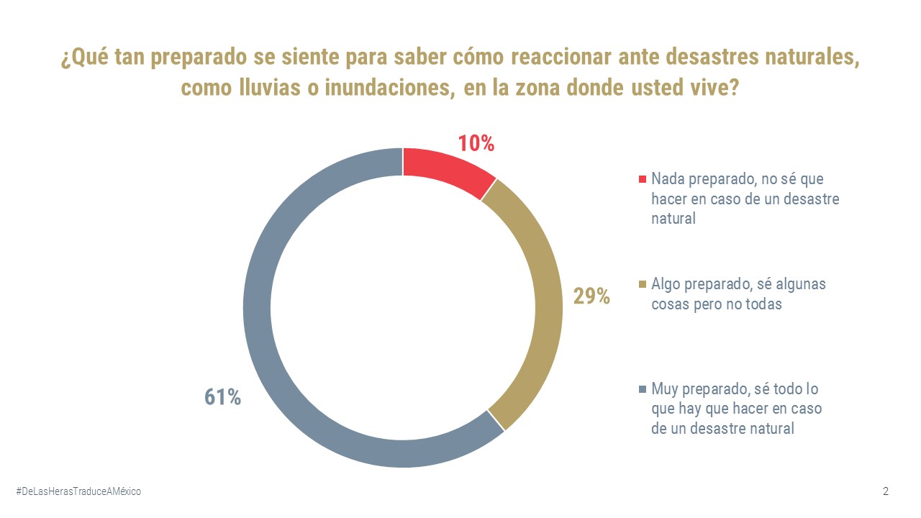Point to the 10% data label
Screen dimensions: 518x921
tap(476, 143)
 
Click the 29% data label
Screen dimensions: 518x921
tap(591, 296)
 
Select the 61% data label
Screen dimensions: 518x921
tap(222, 397)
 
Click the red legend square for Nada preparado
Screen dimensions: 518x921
tap(643, 178)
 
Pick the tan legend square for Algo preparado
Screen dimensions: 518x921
tap(643, 284)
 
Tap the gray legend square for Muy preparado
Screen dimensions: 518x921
tap(643, 389)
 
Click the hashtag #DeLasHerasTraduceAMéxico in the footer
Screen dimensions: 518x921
tap(78, 491)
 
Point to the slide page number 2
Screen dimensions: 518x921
tap(886, 491)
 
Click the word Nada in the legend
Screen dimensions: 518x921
tap(667, 178)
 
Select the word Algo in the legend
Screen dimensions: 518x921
tap(666, 284)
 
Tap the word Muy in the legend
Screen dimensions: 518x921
tap(665, 389)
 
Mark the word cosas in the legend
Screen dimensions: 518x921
tap(670, 304)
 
